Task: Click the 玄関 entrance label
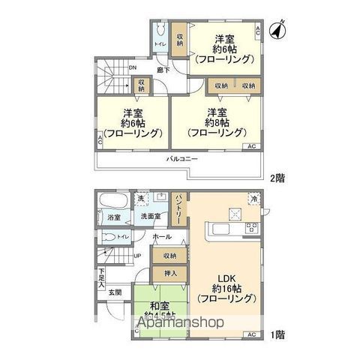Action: (113, 292)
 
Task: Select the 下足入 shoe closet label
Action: (101, 278)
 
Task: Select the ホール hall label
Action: (160, 237)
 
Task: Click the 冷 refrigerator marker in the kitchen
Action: (254, 200)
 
